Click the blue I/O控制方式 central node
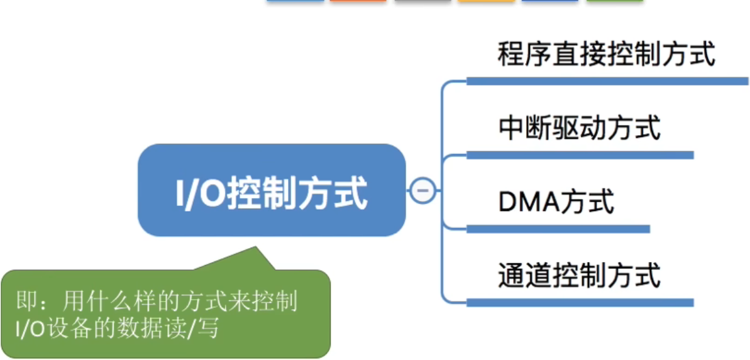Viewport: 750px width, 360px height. (x=272, y=190)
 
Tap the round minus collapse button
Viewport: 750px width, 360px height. (x=423, y=190)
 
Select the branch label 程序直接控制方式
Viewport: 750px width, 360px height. (x=606, y=55)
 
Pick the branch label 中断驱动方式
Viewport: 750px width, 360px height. (x=579, y=128)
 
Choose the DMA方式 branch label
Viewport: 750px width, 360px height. (x=556, y=202)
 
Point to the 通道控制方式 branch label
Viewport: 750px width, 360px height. (x=579, y=275)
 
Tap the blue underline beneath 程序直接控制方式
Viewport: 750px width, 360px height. (x=607, y=81)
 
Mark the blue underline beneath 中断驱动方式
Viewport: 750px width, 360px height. (x=579, y=155)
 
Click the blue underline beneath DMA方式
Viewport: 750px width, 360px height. (x=558, y=229)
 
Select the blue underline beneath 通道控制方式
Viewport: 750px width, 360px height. (x=579, y=302)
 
